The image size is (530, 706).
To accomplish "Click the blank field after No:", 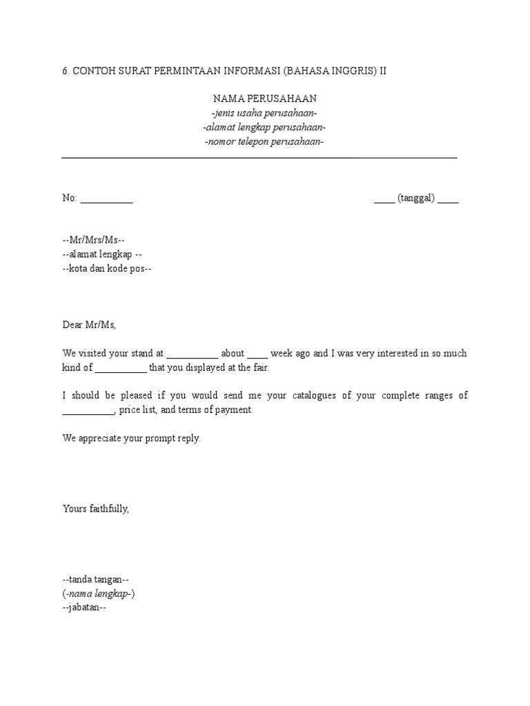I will point(107,199).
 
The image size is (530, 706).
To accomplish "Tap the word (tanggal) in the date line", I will point(415,199).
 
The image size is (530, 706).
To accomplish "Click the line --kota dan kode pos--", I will point(107,269).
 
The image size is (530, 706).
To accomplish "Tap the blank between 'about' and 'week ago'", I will point(257,354).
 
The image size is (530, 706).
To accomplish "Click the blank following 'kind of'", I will point(121,369).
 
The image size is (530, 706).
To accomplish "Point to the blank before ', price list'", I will point(88,412).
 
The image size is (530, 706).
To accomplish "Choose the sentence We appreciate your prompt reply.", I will point(132,438).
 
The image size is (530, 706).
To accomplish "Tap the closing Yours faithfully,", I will point(96,510).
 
